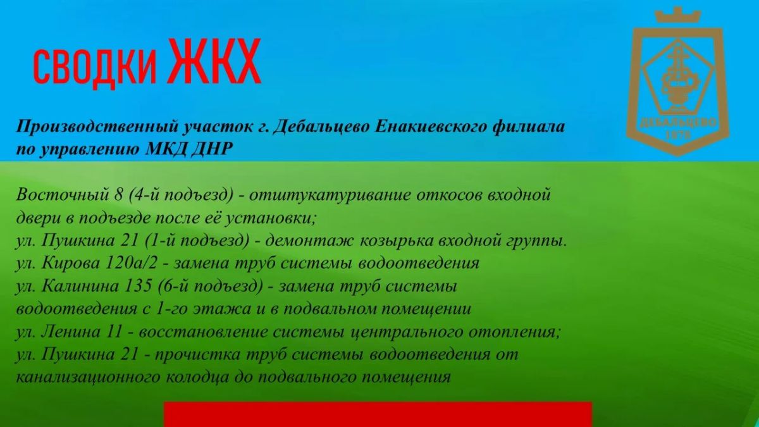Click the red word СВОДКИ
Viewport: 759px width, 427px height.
(95, 68)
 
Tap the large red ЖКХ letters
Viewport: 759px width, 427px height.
(216, 61)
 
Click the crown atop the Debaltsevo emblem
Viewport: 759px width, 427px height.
(677, 15)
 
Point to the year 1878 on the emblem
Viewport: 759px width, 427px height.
(678, 135)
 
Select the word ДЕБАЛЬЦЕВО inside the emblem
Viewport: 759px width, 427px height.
(678, 123)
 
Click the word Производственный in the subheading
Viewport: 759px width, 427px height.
(97, 127)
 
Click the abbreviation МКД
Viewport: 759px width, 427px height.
(166, 149)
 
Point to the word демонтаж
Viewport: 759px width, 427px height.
(309, 241)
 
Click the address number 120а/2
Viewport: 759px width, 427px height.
(132, 263)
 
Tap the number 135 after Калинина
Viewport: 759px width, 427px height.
(138, 287)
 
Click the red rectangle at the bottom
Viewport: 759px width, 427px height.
(378, 414)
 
